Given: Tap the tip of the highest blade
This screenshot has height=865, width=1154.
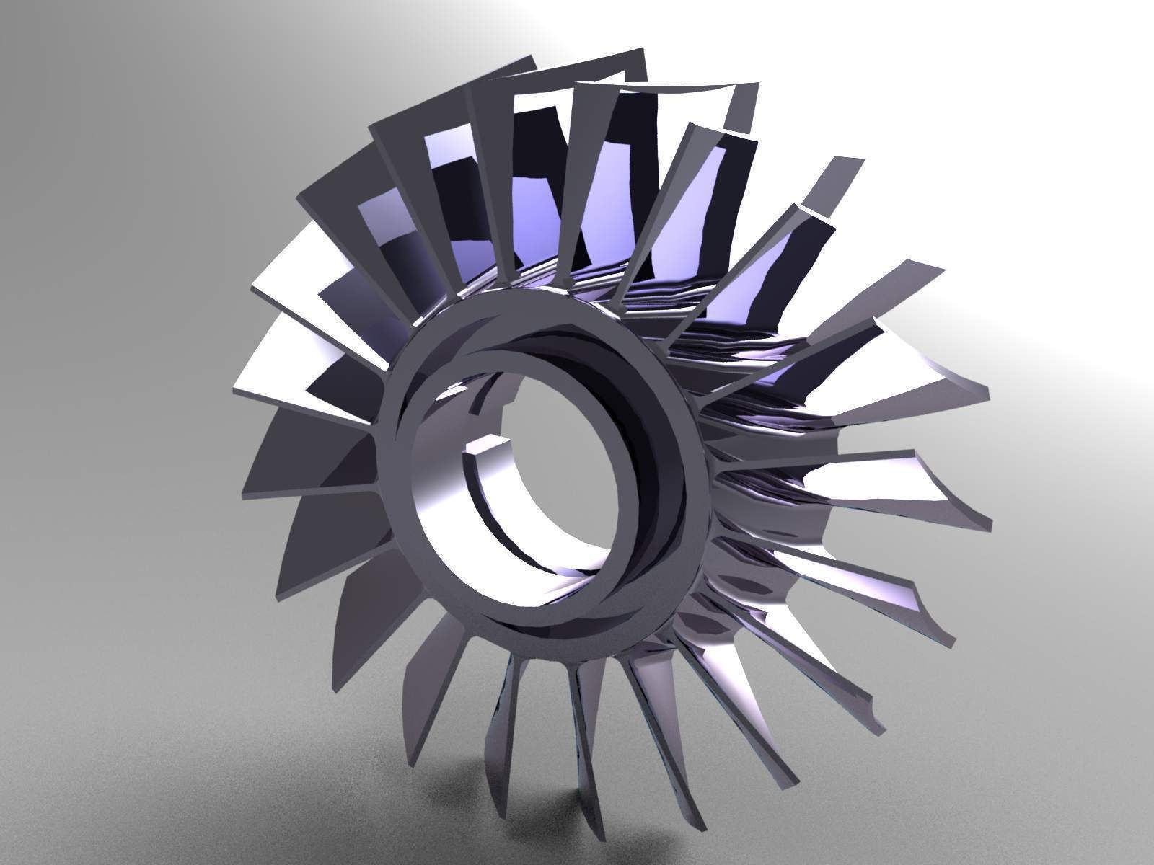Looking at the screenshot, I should [x=635, y=54].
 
